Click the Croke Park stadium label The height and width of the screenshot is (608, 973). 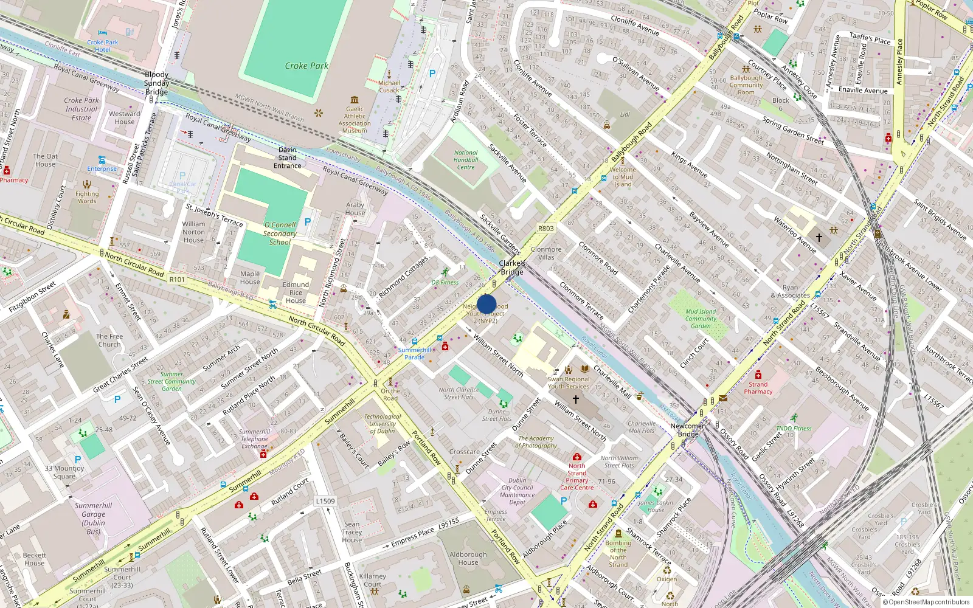[x=306, y=66]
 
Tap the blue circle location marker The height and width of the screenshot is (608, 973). [x=486, y=305]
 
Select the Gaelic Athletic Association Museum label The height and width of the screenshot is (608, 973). [x=355, y=120]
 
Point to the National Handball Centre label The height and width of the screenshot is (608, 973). [x=466, y=160]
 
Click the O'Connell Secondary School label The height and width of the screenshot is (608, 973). [x=280, y=233]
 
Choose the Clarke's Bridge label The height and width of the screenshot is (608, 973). [x=512, y=268]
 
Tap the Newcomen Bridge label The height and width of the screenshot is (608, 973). [x=688, y=430]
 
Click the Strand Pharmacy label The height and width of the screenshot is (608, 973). [x=758, y=388]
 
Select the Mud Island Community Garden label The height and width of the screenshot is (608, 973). [x=701, y=319]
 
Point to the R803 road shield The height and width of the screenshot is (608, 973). [x=545, y=229]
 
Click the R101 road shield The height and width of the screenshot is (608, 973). [x=177, y=279]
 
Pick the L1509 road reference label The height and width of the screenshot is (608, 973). [x=325, y=501]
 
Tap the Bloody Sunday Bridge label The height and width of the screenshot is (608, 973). [x=156, y=83]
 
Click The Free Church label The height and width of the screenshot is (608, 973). [x=109, y=340]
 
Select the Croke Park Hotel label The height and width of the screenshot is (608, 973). [x=103, y=46]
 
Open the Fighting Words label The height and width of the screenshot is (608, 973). [x=87, y=198]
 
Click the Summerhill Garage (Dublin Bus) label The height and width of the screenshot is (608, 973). [x=94, y=519]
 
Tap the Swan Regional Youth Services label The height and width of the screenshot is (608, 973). [x=568, y=382]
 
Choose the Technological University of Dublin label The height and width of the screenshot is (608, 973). [x=383, y=424]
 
